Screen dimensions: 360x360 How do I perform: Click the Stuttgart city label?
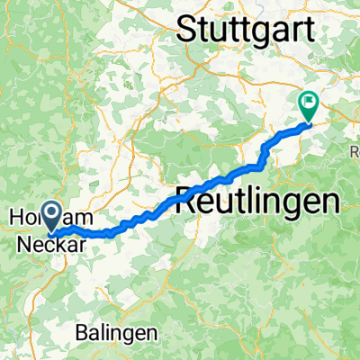pos(247,29)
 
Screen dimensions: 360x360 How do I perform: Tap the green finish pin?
pos(309,107)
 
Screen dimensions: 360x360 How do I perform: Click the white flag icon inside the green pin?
pos(309,103)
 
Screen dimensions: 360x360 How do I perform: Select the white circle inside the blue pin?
pos(52,212)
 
